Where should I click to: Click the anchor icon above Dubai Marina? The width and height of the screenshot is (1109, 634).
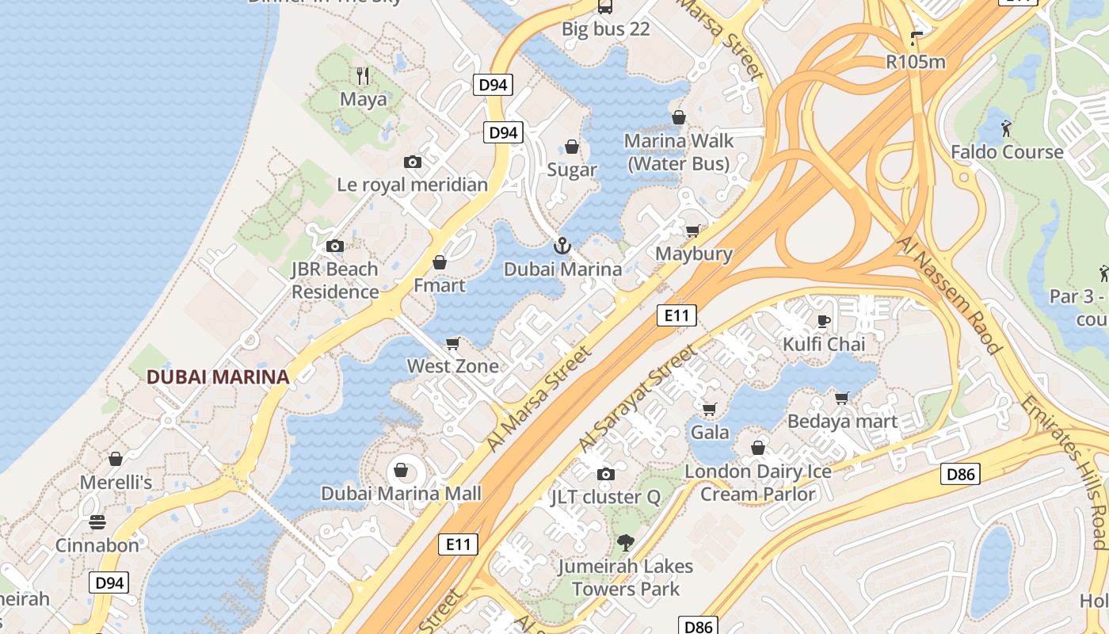point(562,246)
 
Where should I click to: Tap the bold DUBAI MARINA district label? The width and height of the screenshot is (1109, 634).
point(218,377)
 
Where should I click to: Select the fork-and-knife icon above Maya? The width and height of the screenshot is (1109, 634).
point(363,75)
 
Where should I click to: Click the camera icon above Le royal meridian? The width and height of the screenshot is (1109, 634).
point(412,162)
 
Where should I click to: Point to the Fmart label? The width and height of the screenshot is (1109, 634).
point(440,285)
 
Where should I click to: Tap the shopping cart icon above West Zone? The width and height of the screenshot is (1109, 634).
point(453,343)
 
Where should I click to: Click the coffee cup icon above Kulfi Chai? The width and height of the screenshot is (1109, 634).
point(824,321)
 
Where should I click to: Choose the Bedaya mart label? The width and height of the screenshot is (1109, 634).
point(842,421)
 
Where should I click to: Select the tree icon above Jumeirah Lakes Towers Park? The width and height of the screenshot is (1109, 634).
point(625,543)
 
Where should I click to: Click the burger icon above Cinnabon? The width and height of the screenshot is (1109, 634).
point(97,522)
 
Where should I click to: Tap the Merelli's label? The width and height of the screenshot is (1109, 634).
point(116,482)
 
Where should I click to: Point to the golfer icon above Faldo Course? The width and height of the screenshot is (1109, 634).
point(1006,128)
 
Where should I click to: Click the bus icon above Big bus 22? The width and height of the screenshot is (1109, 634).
point(605,7)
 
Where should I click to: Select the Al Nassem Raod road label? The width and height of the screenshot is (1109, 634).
point(950,293)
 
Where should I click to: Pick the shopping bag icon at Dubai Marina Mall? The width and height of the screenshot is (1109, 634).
point(401,471)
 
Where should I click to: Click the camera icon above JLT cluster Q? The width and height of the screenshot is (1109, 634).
point(606,474)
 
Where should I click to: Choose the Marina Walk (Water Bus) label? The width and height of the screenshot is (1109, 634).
point(678,152)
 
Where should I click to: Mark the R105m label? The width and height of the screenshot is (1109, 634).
point(916,61)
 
